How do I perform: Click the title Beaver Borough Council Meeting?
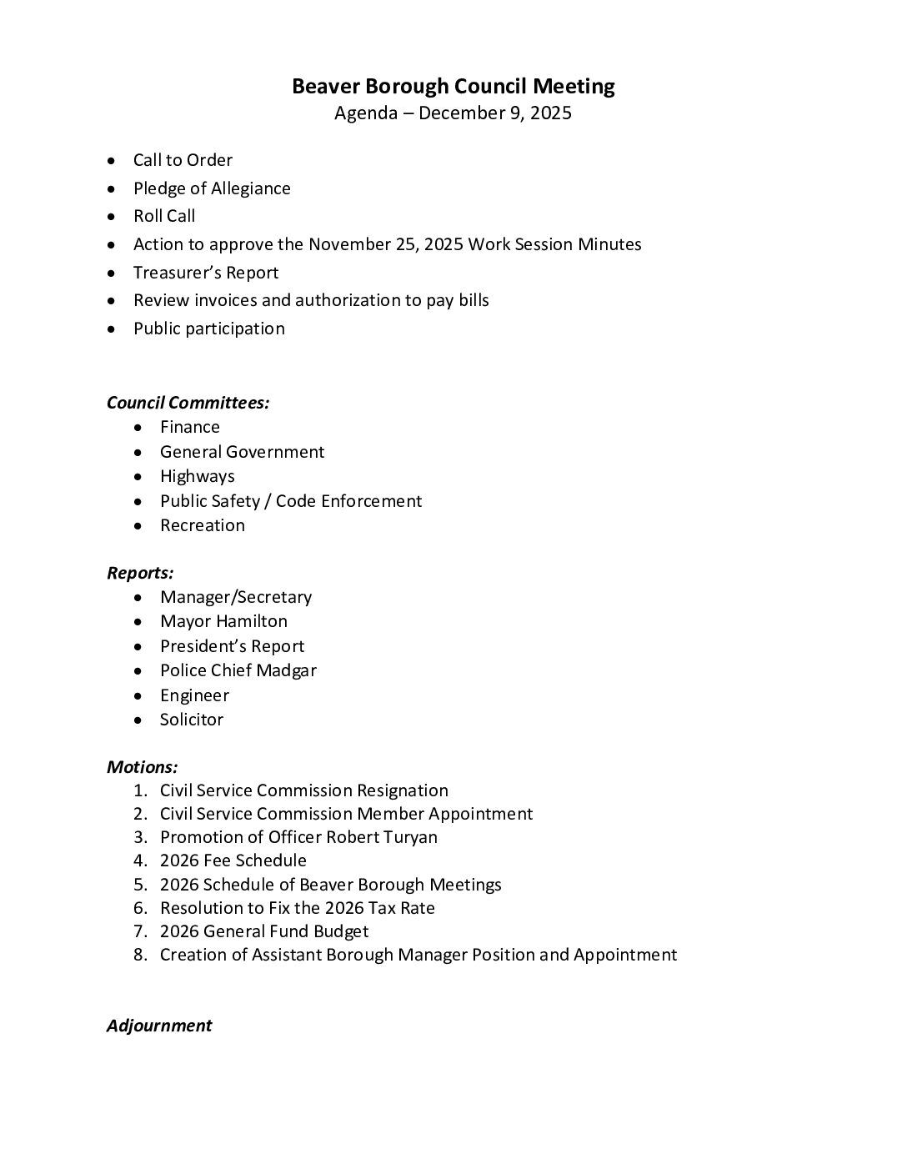(453, 86)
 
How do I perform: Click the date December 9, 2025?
(495, 113)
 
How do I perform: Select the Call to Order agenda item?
(183, 160)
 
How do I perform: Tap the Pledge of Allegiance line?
(212, 188)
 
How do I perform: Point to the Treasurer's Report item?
(206, 273)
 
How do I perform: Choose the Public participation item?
(208, 329)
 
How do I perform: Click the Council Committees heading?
(188, 403)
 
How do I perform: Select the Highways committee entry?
(198, 476)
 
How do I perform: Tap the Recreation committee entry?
(203, 525)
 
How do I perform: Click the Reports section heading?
(140, 573)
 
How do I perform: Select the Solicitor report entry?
(192, 720)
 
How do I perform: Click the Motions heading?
(142, 767)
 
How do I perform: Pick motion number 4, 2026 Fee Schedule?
(233, 860)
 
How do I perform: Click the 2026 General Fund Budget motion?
(264, 931)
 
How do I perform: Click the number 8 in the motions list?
(139, 955)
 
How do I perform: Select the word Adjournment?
(159, 1026)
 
